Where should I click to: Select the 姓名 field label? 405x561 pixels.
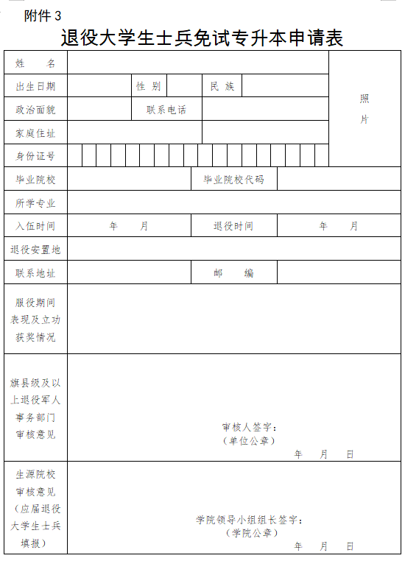pyautogui.click(x=35, y=63)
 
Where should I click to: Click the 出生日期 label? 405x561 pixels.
pyautogui.click(x=35, y=87)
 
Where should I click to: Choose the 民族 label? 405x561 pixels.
pyautogui.click(x=222, y=87)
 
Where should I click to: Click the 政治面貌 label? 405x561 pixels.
pyautogui.click(x=35, y=110)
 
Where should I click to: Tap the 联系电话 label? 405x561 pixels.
pyautogui.click(x=166, y=110)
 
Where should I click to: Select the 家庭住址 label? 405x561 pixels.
pyautogui.click(x=35, y=133)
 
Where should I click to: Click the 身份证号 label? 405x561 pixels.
pyautogui.click(x=35, y=156)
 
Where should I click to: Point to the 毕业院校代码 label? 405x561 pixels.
pyautogui.click(x=233, y=180)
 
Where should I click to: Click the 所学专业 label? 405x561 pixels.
pyautogui.click(x=35, y=203)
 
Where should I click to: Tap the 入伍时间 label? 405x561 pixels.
pyautogui.click(x=35, y=226)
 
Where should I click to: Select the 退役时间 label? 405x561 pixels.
pyautogui.click(x=233, y=226)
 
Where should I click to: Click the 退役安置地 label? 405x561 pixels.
pyautogui.click(x=35, y=250)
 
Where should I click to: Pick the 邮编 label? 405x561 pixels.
pyautogui.click(x=233, y=273)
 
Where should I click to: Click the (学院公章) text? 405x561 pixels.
pyautogui.click(x=251, y=532)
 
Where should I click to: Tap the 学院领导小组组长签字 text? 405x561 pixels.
pyautogui.click(x=250, y=520)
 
